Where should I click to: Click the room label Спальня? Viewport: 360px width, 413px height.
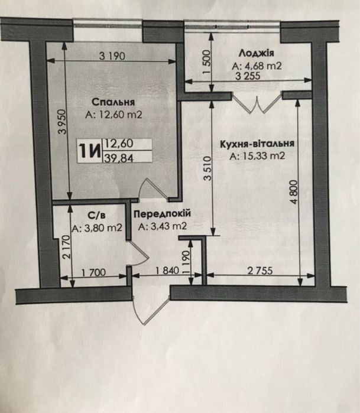coord(113,102)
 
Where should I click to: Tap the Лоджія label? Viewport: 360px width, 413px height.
coord(256,53)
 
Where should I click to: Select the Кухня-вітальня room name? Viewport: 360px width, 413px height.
coord(257,144)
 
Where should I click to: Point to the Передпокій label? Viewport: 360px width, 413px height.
coord(162,214)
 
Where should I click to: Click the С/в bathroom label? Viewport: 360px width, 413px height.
coord(96,216)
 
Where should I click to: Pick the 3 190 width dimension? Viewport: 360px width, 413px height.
coord(112,56)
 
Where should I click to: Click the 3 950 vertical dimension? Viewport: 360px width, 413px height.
coord(63,122)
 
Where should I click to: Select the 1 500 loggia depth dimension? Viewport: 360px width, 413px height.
coord(207,62)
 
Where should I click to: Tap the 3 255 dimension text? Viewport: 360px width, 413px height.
coord(248,76)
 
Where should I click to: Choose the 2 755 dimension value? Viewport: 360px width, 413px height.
coord(260,271)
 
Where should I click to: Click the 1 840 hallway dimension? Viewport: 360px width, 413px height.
coord(167,271)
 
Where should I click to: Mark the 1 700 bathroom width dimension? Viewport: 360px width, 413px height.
coord(93,272)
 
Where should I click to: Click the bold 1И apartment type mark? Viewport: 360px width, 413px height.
coord(90,151)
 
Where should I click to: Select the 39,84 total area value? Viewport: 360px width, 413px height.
coord(119,158)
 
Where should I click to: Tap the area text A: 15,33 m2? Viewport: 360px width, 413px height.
coord(257,156)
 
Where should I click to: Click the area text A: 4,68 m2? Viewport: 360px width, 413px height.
coord(257,66)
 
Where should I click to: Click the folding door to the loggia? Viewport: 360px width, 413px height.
coord(257,103)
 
